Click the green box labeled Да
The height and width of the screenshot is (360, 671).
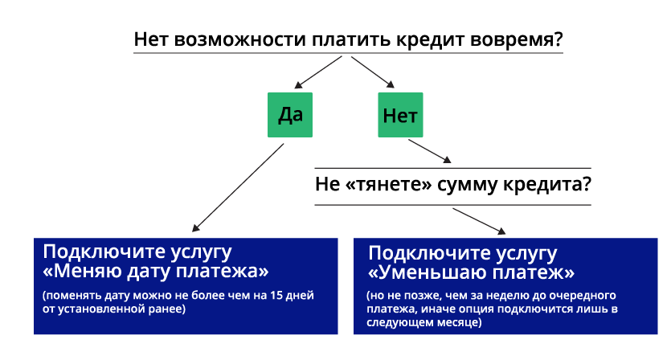point(290,115)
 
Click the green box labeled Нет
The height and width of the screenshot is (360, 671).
point(400,115)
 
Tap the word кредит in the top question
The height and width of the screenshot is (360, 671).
point(430,39)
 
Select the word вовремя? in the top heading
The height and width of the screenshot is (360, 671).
point(517,39)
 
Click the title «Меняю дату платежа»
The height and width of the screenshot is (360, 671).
point(156,271)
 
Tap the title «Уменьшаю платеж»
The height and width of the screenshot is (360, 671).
point(471,272)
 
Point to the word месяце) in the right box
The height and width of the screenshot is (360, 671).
point(460,322)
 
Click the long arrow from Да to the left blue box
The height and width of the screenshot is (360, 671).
point(238,188)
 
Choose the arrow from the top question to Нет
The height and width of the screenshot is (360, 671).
point(373,72)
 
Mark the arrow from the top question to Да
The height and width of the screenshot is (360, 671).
point(318,72)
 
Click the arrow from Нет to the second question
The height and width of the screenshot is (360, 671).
point(430,151)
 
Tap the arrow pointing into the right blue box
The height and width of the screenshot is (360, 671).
point(479,221)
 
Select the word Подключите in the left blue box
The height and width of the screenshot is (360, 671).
point(103,252)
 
